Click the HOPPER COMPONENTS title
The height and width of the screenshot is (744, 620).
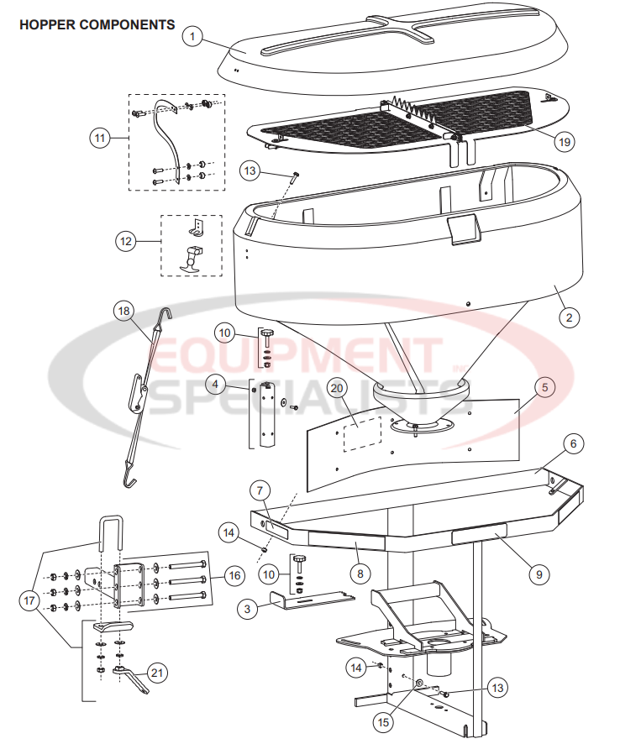97,24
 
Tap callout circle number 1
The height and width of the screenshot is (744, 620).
193,37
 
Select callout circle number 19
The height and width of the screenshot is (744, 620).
564,141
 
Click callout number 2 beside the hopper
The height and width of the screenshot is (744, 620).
569,317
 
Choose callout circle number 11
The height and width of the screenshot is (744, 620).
102,136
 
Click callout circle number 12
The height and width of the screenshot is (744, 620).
126,241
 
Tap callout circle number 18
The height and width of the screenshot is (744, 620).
124,310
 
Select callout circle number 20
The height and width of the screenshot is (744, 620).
338,388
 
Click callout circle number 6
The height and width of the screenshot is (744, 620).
572,444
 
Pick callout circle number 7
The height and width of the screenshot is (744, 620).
260,490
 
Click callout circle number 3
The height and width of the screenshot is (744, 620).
247,610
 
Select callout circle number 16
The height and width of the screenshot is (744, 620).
234,576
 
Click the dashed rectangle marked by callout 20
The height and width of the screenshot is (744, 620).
362,432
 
